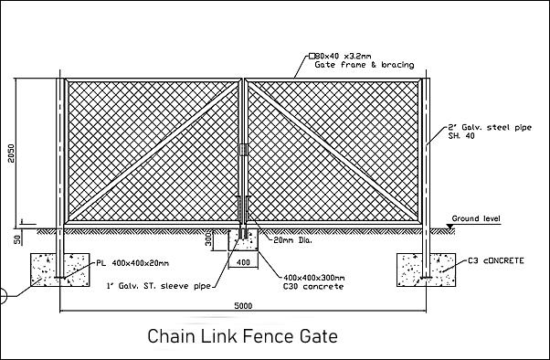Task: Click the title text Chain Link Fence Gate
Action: tap(242, 336)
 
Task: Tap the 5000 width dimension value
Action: tap(243, 306)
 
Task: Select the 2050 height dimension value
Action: tap(12, 153)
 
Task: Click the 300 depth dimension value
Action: tap(208, 239)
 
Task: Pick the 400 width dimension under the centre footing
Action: tap(243, 262)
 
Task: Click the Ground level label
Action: tap(476, 218)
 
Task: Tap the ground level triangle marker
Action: tap(450, 227)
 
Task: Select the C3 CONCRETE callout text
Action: tap(496, 260)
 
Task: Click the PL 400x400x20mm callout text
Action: tap(132, 263)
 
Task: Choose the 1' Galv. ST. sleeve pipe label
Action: tap(159, 286)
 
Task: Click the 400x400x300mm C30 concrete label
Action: tap(313, 282)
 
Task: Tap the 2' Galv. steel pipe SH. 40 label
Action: tap(490, 132)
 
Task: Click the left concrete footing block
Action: tap(60, 270)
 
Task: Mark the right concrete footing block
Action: tap(426, 270)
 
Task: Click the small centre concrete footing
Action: tap(243, 240)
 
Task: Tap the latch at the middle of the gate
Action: tap(243, 150)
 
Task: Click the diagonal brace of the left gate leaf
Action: tap(153, 151)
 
